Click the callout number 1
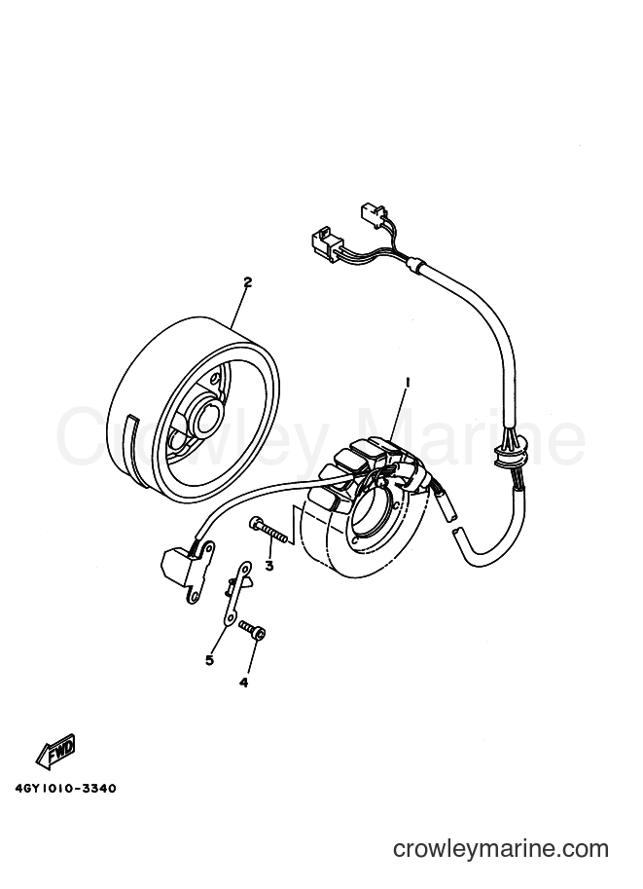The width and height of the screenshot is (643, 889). coord(407,383)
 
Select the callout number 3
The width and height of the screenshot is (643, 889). coord(269,566)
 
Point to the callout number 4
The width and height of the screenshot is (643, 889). coord(243,683)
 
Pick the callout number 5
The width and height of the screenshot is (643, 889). coord(209,660)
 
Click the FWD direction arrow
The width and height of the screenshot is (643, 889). coord(54,753)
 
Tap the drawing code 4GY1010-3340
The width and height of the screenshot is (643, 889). coord(64,789)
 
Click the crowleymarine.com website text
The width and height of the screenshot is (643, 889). coord(501,849)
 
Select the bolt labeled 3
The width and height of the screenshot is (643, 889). coord(268,531)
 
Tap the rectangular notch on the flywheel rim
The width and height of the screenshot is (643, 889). coord(133,432)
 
